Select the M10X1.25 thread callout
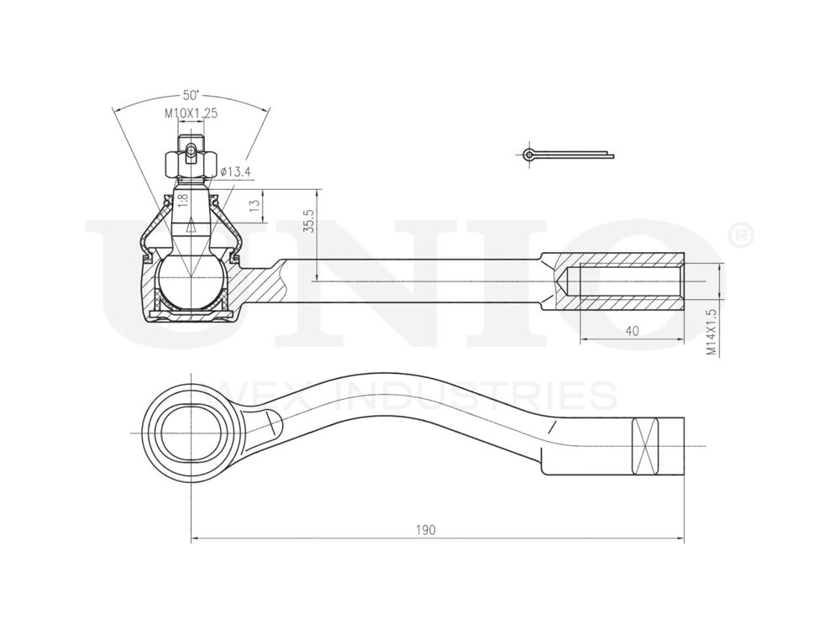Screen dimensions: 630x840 click(191, 113)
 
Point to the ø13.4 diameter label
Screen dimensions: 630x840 click(236, 172)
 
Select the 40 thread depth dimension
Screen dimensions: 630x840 click(632, 331)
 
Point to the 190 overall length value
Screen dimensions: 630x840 click(425, 530)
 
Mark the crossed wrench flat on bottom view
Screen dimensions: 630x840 click(647, 445)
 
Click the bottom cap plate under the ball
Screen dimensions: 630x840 click(192, 315)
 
